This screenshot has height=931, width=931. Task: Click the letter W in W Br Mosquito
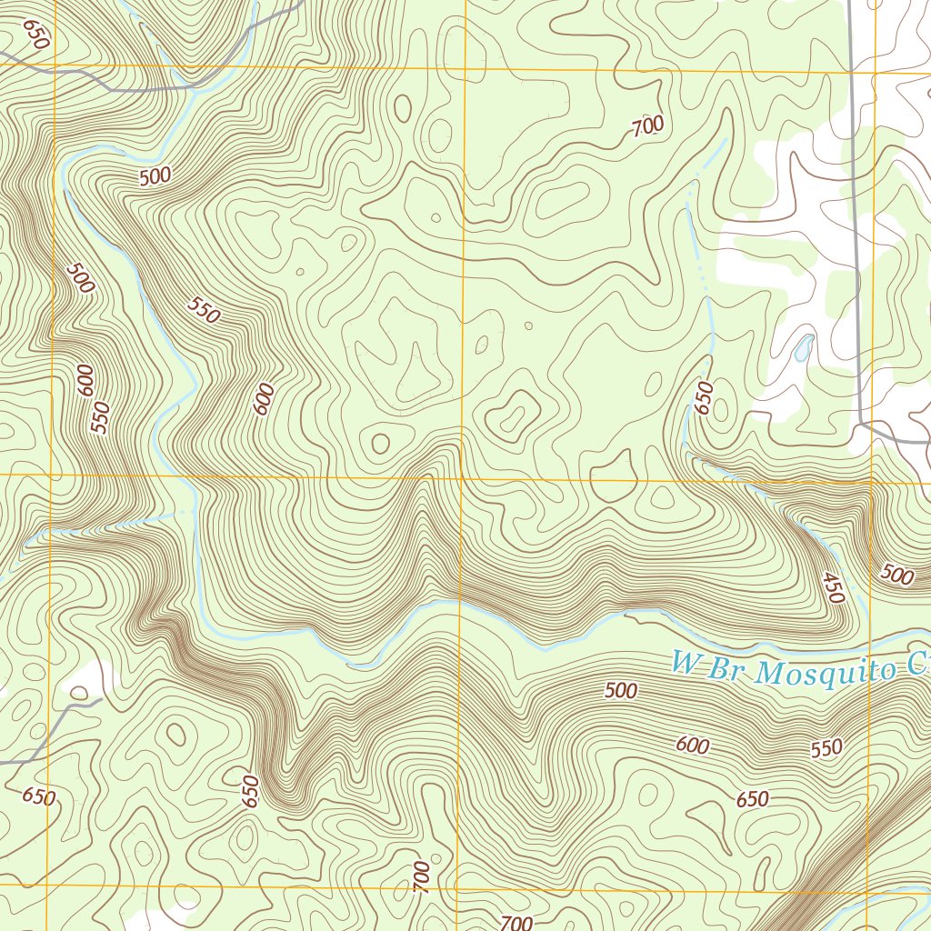point(684,662)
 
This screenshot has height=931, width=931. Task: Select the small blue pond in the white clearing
point(802,348)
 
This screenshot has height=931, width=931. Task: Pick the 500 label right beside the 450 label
point(897,575)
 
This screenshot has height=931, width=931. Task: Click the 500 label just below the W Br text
point(621,691)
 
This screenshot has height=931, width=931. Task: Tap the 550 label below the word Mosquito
point(826,749)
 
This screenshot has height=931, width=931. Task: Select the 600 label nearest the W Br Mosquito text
point(693,746)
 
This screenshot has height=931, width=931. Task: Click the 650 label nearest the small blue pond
point(704,398)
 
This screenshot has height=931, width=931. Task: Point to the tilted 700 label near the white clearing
point(647,127)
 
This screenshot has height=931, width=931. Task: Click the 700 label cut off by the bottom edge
point(516,923)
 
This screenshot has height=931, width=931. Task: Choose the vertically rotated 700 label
point(421,876)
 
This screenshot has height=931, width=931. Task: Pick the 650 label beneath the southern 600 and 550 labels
point(752,800)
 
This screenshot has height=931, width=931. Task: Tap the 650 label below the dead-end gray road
point(38,797)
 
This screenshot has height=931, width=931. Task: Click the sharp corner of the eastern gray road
point(862,424)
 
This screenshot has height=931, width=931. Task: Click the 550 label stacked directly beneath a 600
point(100,417)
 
